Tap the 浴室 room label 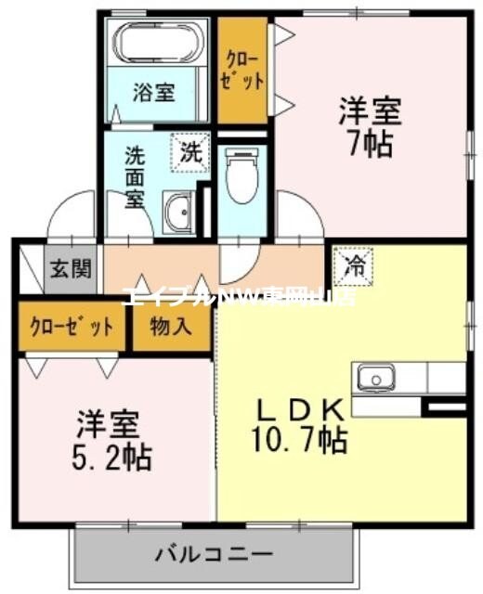pyautogui.click(x=154, y=93)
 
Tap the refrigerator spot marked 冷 pyautogui.click(x=353, y=265)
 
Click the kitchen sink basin pyautogui.click(x=377, y=378)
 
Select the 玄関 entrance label pyautogui.click(x=71, y=270)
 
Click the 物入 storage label pyautogui.click(x=172, y=327)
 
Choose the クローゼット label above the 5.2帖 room pyautogui.click(x=72, y=327)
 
